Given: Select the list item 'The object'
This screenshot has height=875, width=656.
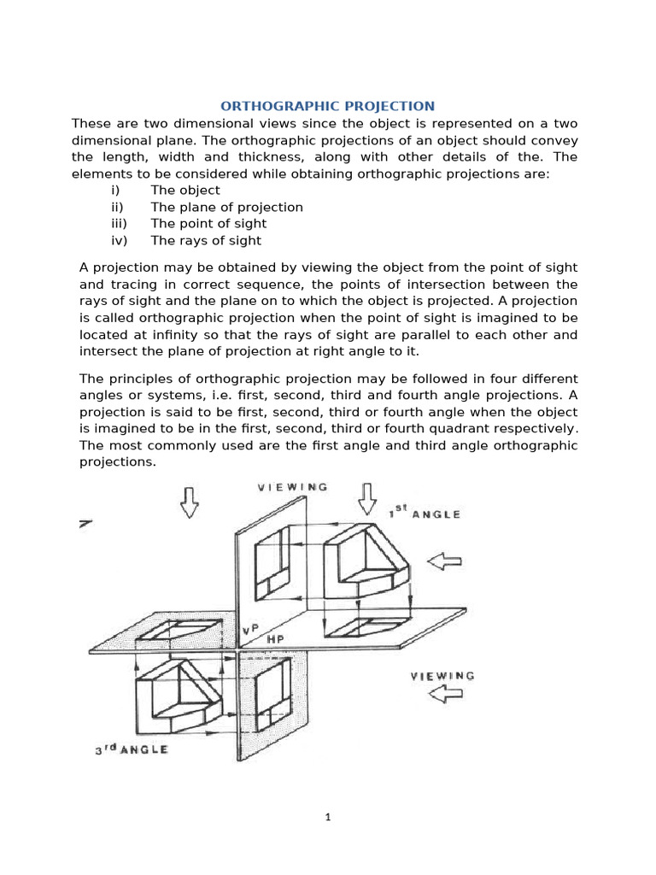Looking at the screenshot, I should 185,190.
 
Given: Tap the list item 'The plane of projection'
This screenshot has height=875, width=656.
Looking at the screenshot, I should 226,207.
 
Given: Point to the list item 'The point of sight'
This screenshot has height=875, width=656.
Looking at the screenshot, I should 208,224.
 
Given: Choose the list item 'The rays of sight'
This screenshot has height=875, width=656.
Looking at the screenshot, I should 206,241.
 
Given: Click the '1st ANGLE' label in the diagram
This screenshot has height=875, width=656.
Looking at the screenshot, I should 425,512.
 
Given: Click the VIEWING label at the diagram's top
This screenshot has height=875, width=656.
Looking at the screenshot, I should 293,487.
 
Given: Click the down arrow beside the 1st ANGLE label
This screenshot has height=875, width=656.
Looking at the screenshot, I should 368,496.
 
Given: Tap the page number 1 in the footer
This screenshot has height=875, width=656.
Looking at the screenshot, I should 327,817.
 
